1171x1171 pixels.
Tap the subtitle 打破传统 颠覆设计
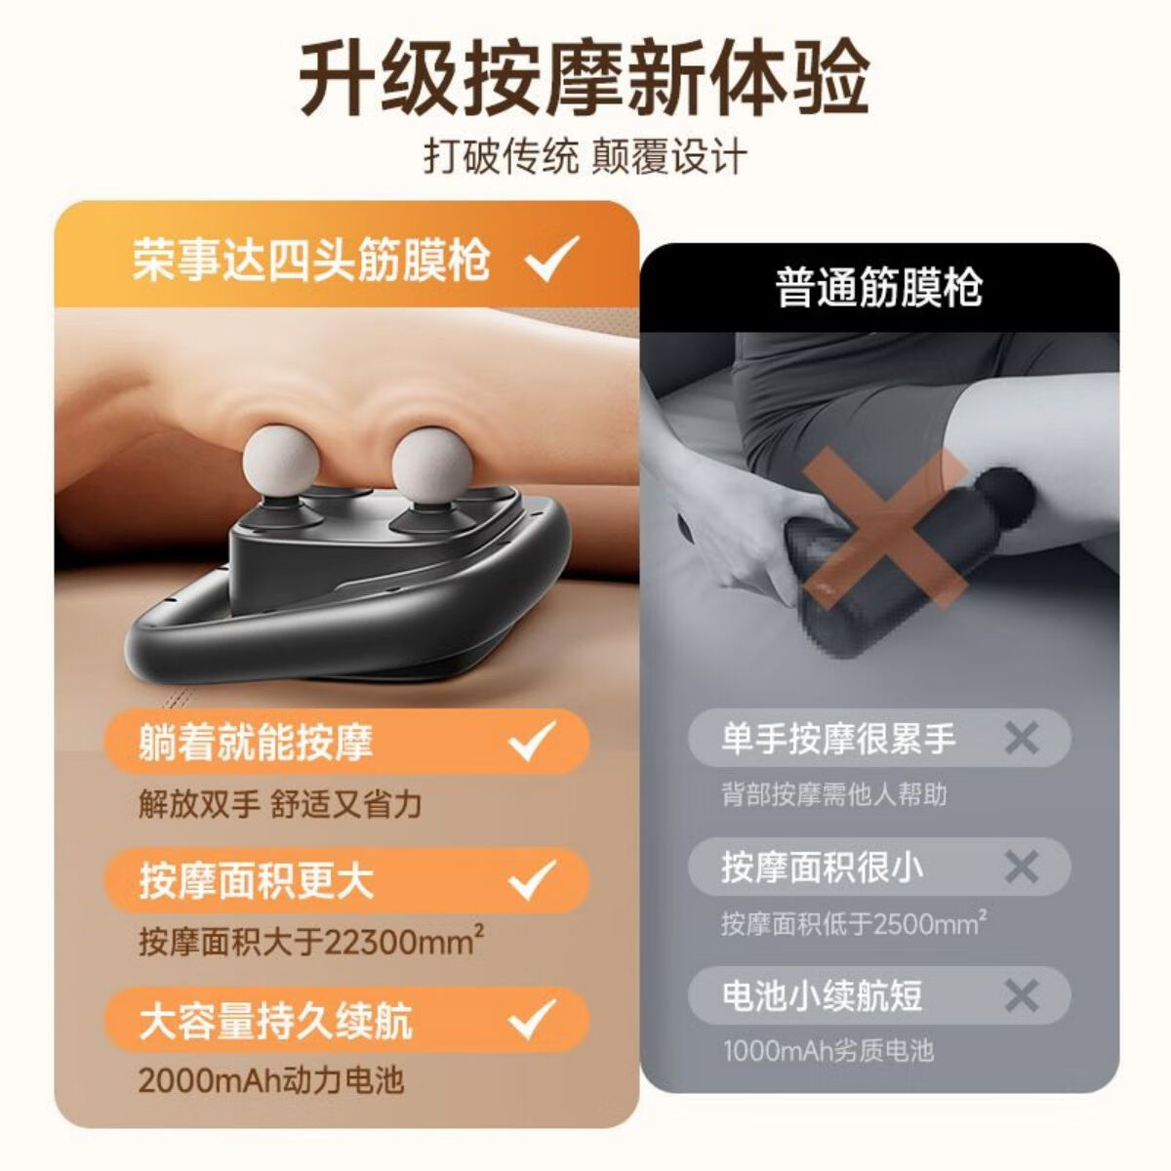click(585, 156)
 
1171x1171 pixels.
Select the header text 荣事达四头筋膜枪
click(311, 260)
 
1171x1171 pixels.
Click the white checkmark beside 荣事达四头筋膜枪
click(552, 259)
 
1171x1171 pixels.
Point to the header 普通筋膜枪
click(878, 288)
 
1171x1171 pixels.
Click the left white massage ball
click(283, 458)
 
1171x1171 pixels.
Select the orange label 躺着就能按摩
click(256, 742)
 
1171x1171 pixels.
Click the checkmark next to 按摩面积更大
click(534, 880)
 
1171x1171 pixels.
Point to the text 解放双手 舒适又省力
click(279, 804)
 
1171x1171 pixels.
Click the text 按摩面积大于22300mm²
click(311, 943)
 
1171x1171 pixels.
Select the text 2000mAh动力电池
click(270, 1081)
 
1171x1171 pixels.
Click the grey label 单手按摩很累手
click(838, 739)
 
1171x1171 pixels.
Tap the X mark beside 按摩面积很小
click(1022, 867)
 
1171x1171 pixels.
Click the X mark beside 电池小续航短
click(1022, 996)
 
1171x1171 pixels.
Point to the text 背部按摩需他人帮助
click(834, 794)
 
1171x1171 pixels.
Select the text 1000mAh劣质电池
click(828, 1051)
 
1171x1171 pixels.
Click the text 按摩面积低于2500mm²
click(853, 923)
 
